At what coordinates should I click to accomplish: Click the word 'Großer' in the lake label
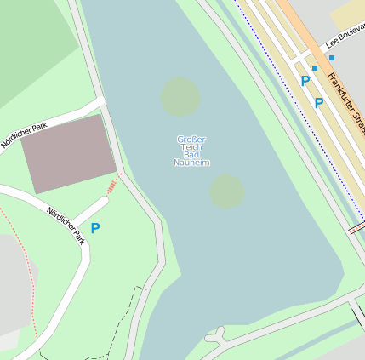pos(191,139)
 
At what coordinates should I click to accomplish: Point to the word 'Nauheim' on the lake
pos(191,163)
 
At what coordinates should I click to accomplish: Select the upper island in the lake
pos(180,96)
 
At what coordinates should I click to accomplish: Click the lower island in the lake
pos(227,191)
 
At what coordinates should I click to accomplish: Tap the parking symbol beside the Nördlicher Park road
pos(95,228)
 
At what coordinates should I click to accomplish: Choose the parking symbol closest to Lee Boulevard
pos(305,82)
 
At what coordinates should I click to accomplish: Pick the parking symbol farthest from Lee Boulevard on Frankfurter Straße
pos(319,103)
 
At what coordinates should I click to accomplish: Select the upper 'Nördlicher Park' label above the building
pos(26,134)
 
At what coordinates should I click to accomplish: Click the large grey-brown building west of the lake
pos(68,153)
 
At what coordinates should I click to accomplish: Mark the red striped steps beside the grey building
pos(111,186)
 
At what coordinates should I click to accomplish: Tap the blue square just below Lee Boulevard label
pos(332,58)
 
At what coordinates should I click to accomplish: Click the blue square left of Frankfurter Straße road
pos(315,67)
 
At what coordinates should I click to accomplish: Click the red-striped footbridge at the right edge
pos(356,228)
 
